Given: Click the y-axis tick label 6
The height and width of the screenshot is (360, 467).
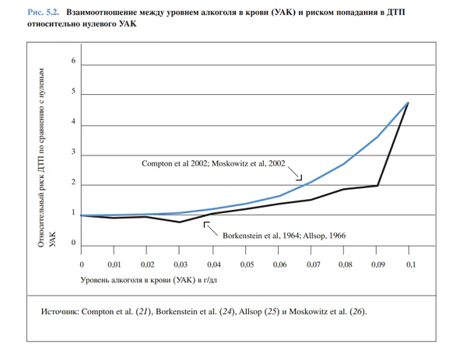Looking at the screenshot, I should [73, 61].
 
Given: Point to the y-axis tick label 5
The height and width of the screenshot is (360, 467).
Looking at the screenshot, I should [73, 92].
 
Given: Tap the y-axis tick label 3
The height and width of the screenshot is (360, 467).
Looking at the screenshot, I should [73, 153].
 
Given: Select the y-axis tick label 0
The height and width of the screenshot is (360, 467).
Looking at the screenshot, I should [73, 243].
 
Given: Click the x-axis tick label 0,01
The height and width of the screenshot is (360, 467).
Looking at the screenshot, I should [114, 264].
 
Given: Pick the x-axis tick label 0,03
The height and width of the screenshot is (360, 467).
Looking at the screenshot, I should [181, 264].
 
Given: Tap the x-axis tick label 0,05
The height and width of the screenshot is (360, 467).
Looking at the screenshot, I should [246, 264].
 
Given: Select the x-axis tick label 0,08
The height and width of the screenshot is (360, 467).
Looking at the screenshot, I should [345, 264].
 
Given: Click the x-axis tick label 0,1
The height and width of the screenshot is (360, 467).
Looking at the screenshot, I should [409, 264].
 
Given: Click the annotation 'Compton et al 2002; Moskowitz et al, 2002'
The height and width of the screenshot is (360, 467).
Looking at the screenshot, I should [213, 164].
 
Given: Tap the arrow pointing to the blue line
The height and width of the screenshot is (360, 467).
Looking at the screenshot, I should [299, 177].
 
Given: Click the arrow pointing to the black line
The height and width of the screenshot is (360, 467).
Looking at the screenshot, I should [207, 225].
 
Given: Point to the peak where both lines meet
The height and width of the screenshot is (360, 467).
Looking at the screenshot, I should [407, 103].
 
